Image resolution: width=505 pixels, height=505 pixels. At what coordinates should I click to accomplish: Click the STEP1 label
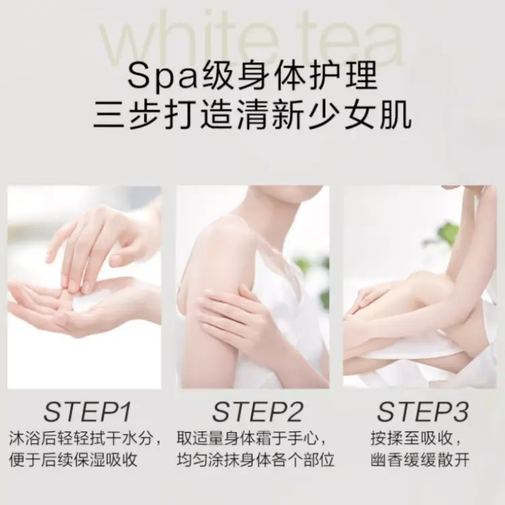(x=88, y=412)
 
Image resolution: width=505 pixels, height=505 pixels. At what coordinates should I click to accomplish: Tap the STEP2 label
(x=258, y=412)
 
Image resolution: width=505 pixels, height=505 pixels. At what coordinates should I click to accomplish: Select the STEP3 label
(x=423, y=412)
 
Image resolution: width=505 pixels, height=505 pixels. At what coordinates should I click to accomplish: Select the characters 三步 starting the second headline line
(x=127, y=114)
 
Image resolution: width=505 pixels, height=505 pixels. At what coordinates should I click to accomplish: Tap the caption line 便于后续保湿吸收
(x=73, y=460)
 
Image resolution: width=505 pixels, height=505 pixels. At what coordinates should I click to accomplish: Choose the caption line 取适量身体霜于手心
(x=247, y=439)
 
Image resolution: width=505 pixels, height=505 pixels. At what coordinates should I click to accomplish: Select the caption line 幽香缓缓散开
(x=420, y=460)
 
